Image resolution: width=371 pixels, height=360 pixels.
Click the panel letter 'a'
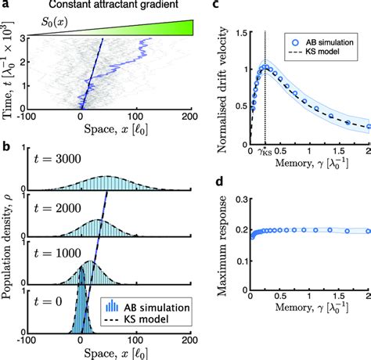[x=5, y=5]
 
